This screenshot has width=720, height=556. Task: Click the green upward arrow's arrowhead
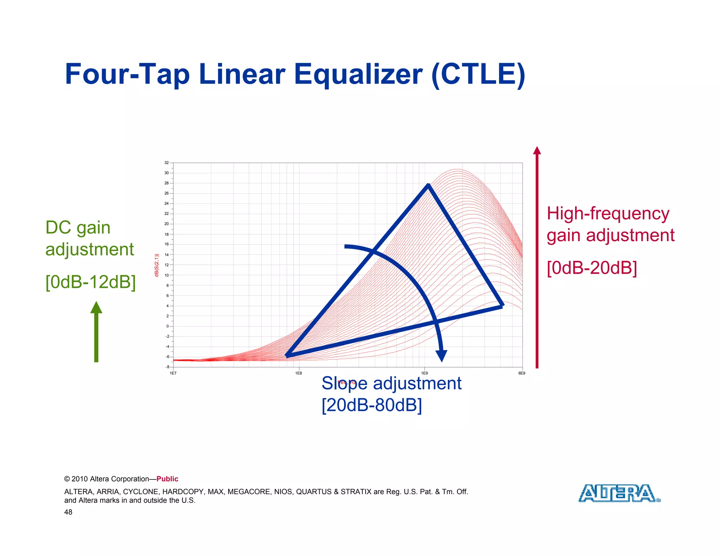pyautogui.click(x=96, y=308)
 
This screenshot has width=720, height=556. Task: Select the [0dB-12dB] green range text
pyautogui.click(x=90, y=282)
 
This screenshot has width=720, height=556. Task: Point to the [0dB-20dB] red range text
pyautogui.click(x=592, y=268)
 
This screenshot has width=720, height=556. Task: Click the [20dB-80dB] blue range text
pyautogui.click(x=372, y=405)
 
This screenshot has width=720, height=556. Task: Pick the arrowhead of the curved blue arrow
pyautogui.click(x=442, y=356)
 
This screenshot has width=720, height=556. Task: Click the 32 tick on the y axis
pyautogui.click(x=167, y=163)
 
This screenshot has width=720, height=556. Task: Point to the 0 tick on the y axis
pyautogui.click(x=168, y=326)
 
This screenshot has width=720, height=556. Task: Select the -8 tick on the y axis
pyautogui.click(x=167, y=367)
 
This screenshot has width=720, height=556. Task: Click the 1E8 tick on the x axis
pyautogui.click(x=298, y=373)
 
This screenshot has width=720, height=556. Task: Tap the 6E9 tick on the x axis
pyautogui.click(x=522, y=373)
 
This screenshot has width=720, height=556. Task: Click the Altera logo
pyautogui.click(x=619, y=493)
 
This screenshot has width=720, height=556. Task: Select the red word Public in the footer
pyautogui.click(x=167, y=479)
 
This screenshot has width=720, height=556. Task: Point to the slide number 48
pyautogui.click(x=68, y=512)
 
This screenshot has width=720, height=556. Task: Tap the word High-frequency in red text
pyautogui.click(x=608, y=213)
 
